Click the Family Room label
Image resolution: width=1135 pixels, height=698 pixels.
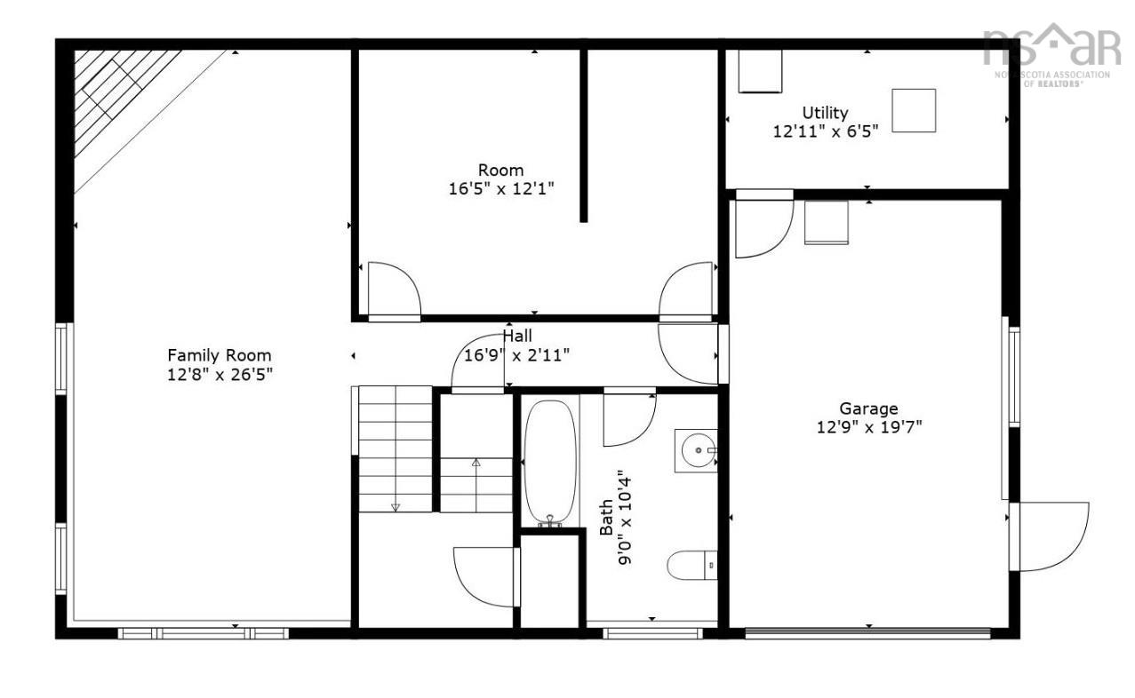click(220, 355)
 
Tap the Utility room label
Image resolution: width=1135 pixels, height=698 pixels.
click(825, 113)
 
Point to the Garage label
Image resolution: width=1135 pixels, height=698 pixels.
click(869, 408)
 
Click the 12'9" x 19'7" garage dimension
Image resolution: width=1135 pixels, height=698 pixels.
click(869, 427)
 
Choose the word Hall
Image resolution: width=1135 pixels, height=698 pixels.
click(517, 336)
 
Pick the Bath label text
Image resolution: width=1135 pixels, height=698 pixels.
click(606, 517)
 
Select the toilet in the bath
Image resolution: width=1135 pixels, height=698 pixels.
click(691, 565)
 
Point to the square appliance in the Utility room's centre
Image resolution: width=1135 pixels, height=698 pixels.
click(914, 111)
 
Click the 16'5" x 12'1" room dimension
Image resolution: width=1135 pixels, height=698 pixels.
click(501, 188)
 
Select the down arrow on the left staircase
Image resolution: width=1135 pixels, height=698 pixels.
click(396, 506)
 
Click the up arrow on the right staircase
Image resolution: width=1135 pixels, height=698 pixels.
click(476, 463)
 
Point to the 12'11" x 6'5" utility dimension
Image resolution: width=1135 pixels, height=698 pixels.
click(825, 131)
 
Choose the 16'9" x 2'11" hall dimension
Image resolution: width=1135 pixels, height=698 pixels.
click(517, 355)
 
